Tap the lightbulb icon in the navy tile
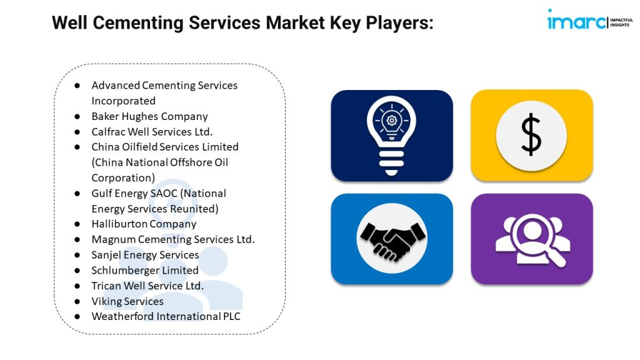(x=391, y=136)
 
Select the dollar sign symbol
(x=531, y=134)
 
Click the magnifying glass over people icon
(x=533, y=240)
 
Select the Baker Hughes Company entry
(x=150, y=116)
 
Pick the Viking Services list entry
(x=127, y=301)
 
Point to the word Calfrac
(x=107, y=132)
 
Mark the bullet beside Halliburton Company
(x=77, y=224)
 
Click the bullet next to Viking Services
(x=77, y=302)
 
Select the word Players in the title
(x=399, y=23)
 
